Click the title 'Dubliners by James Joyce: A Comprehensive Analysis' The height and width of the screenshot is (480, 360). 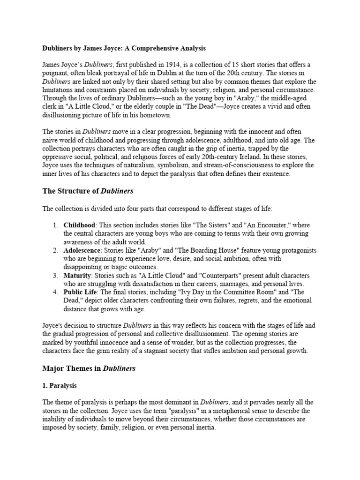[124, 48]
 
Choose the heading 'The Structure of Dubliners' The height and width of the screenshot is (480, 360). [88, 191]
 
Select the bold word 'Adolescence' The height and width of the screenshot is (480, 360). [82, 251]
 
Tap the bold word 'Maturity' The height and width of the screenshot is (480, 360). [77, 276]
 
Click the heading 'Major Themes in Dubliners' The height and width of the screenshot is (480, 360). [89, 368]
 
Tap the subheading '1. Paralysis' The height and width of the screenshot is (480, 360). [60, 386]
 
